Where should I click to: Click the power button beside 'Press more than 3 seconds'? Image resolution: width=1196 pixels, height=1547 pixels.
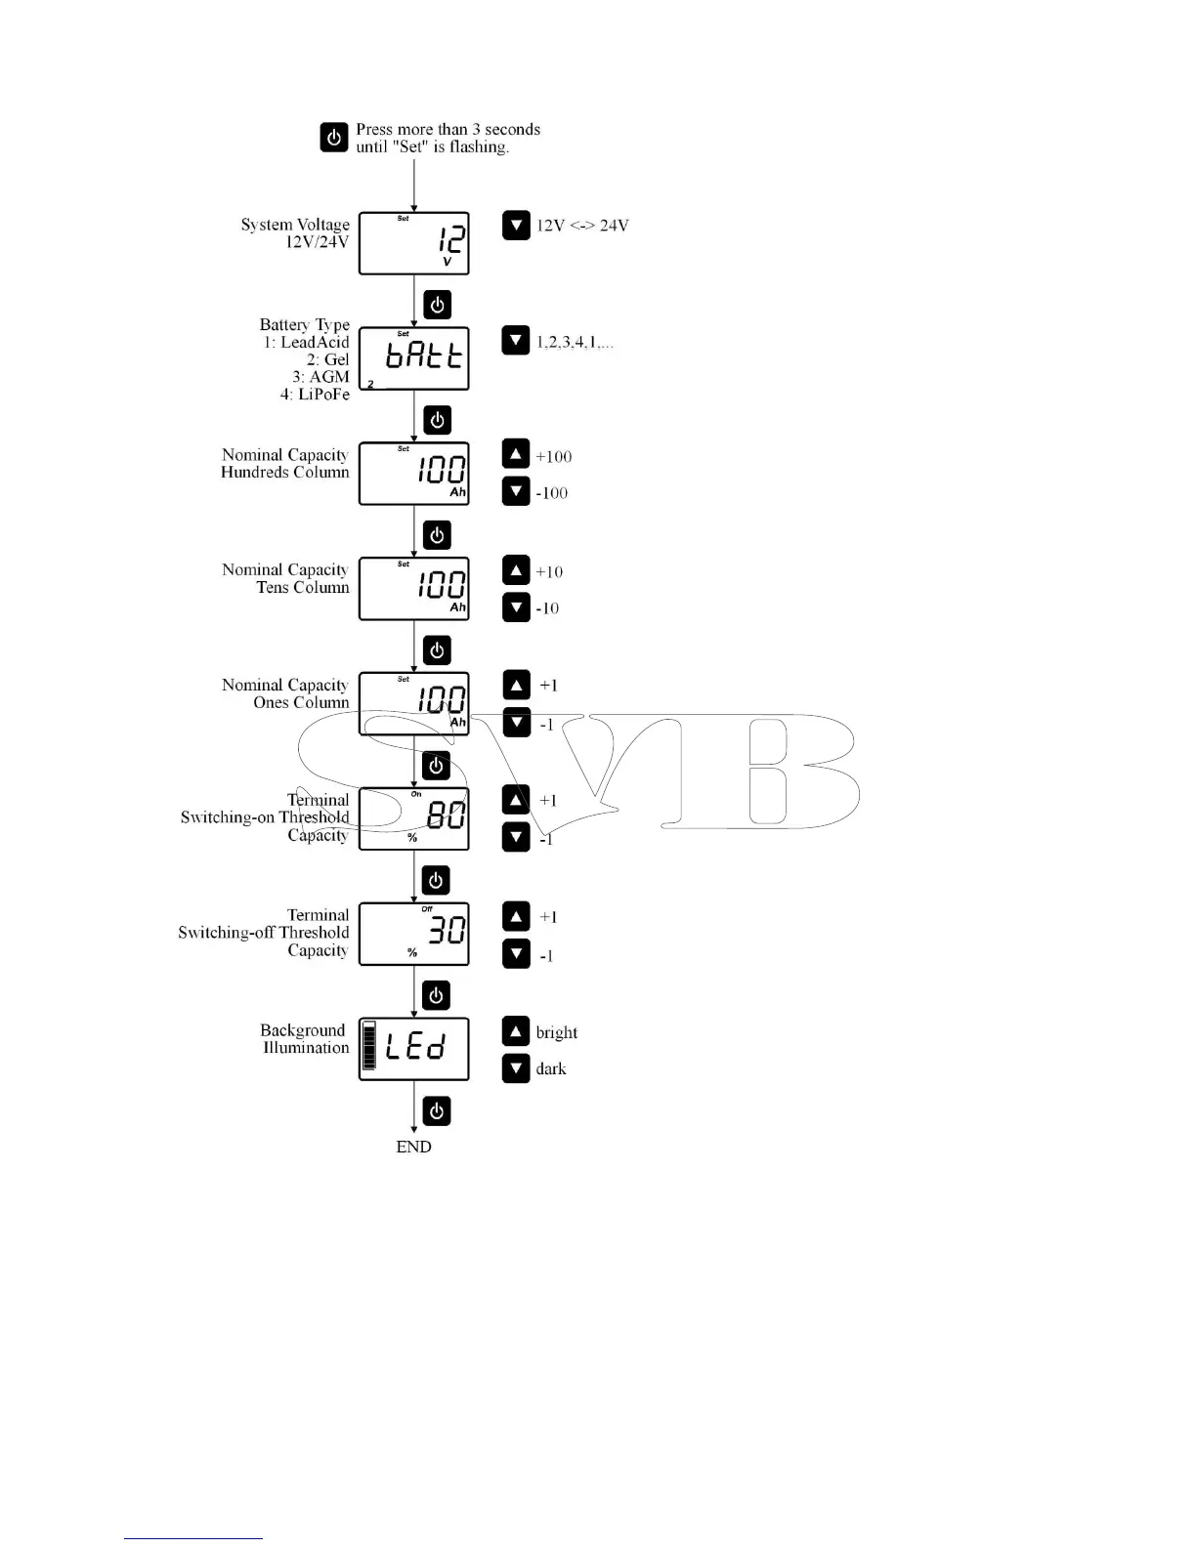pos(334,138)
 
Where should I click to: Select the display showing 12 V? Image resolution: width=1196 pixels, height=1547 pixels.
pos(414,243)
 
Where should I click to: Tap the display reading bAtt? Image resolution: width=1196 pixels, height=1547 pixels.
pos(414,358)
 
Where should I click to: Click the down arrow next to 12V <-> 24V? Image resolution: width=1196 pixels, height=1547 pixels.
pos(516,226)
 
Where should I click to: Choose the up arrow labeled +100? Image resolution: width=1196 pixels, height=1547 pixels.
pos(516,454)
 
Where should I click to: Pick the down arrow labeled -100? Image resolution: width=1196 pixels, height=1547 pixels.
pos(516,491)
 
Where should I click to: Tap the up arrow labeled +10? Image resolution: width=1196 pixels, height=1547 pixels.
pos(516,569)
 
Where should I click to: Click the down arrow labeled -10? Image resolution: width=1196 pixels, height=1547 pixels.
pos(516,607)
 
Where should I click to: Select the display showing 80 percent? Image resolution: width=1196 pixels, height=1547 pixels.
pos(414,818)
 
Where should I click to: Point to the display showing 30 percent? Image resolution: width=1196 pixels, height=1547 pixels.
pos(414,934)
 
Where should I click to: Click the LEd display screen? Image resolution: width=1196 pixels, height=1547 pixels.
pos(414,1049)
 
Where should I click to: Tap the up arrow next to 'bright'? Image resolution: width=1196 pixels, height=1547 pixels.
pos(516,1030)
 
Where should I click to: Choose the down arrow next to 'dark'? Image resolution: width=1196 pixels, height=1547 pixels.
pos(516,1068)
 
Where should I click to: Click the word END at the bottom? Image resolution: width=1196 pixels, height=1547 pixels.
pos(413,1148)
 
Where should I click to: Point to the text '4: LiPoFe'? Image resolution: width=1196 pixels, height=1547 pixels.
pos(315,395)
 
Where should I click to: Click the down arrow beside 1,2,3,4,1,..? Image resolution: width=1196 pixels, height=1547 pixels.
pos(516,341)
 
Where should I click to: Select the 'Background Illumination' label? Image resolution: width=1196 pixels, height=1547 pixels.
pos(304,1039)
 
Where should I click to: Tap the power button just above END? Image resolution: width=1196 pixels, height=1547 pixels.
pos(437,1111)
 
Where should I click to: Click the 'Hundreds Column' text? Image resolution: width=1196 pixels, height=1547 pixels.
pos(284,473)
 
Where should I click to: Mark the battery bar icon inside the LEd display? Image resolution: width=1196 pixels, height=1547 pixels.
pos(369,1048)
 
